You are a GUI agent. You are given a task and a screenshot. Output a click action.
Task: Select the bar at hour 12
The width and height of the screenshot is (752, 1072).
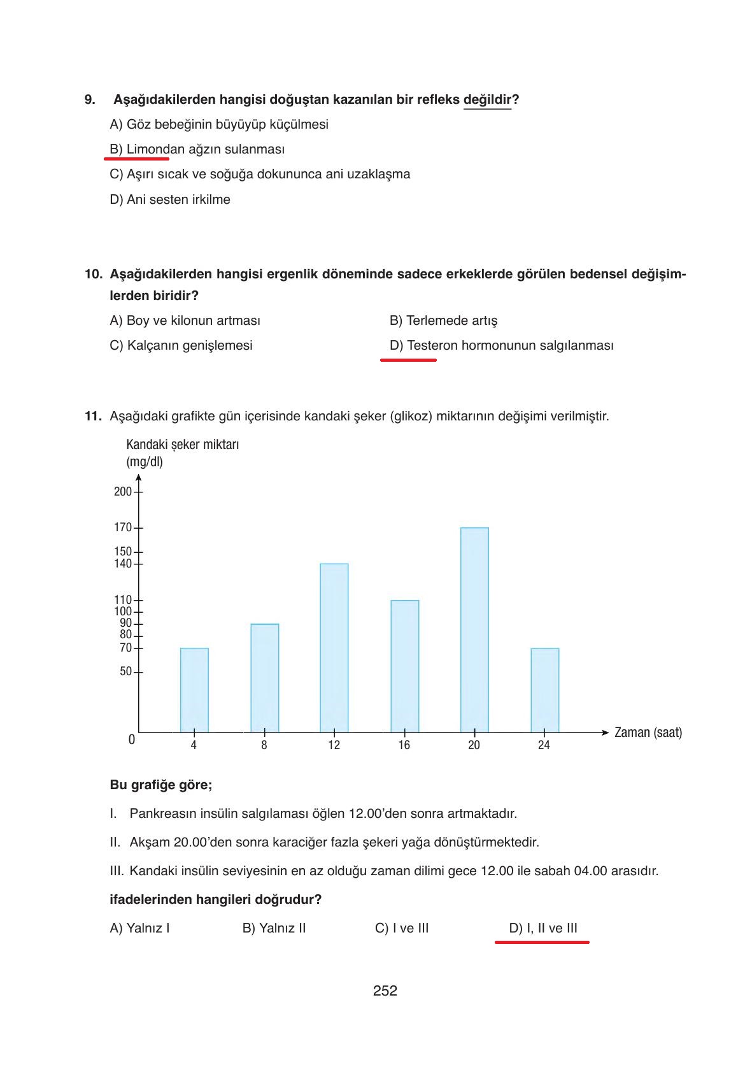tap(334, 648)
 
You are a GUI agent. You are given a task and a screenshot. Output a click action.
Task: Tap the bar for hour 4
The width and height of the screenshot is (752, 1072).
tap(194, 690)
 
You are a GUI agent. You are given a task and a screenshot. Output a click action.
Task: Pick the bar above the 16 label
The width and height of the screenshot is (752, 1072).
tap(404, 666)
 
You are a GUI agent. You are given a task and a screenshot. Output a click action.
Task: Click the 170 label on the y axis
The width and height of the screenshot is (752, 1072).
tap(123, 527)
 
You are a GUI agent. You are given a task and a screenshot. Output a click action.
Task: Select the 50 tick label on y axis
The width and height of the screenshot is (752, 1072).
tap(125, 671)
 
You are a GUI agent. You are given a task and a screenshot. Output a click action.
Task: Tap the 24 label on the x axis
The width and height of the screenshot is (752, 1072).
tap(543, 745)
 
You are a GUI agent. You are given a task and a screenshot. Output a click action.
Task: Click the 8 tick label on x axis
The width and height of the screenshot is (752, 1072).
tap(264, 745)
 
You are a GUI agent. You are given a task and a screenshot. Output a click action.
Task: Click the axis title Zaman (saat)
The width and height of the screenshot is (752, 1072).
tap(648, 733)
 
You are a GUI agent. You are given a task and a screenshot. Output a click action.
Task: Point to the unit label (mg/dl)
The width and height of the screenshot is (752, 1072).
tap(145, 462)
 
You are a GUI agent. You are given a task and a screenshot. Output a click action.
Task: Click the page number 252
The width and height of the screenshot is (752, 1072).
tap(385, 990)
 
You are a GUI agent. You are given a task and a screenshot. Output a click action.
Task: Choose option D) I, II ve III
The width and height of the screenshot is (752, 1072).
tap(543, 928)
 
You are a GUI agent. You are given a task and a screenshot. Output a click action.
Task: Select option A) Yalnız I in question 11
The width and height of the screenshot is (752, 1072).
tap(139, 928)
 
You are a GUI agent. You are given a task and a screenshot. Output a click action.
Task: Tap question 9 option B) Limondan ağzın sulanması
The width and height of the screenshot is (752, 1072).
tap(197, 149)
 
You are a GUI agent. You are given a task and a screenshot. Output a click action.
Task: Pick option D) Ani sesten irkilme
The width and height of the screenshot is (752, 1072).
tap(169, 199)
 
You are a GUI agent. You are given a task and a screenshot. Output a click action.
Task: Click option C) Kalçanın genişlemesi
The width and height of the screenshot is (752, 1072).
tap(181, 345)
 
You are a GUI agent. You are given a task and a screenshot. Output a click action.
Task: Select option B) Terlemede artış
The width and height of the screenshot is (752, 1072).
tap(443, 320)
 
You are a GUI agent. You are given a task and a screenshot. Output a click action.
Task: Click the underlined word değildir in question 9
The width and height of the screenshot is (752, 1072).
tap(487, 99)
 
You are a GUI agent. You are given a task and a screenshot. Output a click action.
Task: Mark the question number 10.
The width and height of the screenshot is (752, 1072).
tap(93, 275)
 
